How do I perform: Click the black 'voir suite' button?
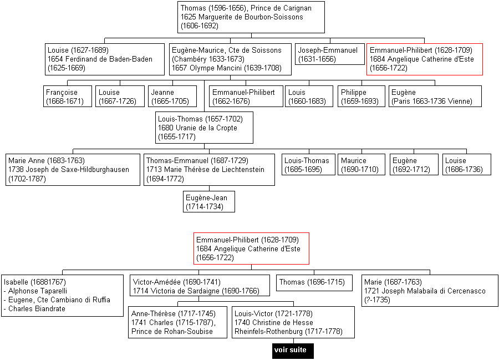coord(293,351)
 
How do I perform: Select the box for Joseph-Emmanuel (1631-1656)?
coord(330,54)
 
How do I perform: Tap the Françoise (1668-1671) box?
coord(68,96)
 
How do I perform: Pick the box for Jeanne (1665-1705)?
coord(172,96)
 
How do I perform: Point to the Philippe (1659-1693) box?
coord(361,96)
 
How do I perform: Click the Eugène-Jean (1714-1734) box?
coord(209,201)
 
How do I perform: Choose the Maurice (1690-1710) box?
coord(361,165)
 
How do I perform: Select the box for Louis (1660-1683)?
coord(309,96)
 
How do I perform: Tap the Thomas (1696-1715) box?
coord(314,283)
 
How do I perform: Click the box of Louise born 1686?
coord(466,165)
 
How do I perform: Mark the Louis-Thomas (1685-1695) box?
coord(308,165)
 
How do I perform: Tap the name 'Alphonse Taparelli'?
coord(38,291)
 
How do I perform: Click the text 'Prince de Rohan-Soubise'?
coord(172,331)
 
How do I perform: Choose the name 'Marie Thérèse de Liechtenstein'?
coord(214,170)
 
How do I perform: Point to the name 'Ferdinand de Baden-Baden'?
coord(109,59)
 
